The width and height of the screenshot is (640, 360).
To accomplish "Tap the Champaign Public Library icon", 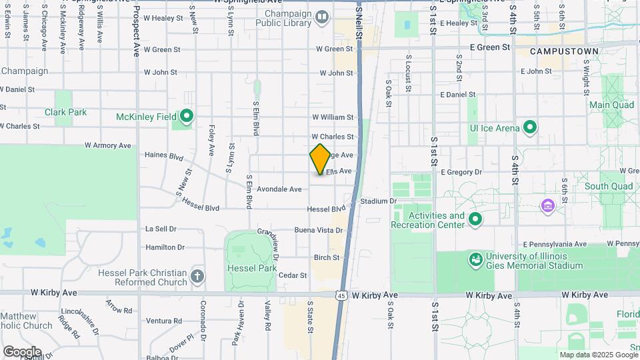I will tap(323, 17).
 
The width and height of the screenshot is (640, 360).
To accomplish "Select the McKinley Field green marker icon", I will tap(187, 117).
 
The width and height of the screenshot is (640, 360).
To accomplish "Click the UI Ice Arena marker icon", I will tap(530, 127).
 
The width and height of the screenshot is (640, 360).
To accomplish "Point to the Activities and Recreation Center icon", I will tap(475, 218).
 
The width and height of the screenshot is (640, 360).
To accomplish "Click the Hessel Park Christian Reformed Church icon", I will tap(197, 275).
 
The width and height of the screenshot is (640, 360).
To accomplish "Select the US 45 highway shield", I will tap(341, 295).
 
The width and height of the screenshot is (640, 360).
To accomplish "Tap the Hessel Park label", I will tap(252, 268).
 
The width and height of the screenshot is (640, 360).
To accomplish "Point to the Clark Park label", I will tap(65, 112).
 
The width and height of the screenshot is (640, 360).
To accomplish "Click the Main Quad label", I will tap(611, 105).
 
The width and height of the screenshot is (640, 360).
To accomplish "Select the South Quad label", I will tap(608, 186).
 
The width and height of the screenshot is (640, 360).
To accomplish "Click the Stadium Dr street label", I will tap(378, 201).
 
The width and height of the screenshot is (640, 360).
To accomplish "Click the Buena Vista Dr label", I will tap(319, 230).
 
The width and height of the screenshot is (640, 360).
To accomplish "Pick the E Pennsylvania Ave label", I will tap(555, 244).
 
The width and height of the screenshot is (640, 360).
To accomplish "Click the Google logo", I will tap(22, 351).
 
